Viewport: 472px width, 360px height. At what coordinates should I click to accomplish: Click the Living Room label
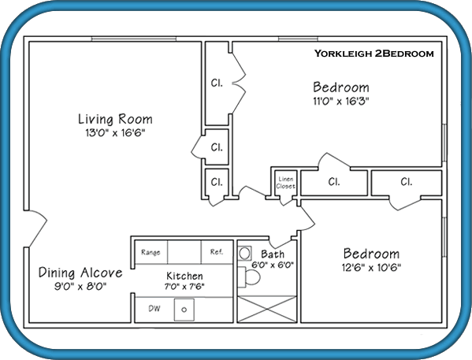(x=115, y=119)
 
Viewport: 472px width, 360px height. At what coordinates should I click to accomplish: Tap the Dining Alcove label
(x=80, y=273)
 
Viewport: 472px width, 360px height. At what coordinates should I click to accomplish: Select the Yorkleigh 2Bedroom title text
(x=374, y=54)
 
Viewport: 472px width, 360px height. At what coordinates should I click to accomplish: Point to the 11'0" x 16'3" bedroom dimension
(x=341, y=101)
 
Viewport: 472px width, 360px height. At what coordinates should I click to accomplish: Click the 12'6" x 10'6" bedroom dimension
(x=371, y=267)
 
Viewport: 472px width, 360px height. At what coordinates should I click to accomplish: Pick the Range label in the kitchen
(x=151, y=252)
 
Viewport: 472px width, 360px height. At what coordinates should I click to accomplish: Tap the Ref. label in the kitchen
(x=217, y=252)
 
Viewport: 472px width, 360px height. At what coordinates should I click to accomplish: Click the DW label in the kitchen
(x=154, y=309)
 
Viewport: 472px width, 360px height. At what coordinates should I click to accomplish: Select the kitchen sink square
(x=184, y=310)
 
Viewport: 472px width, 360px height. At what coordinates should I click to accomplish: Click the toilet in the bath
(x=249, y=277)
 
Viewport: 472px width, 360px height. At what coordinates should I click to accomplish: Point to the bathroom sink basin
(x=245, y=253)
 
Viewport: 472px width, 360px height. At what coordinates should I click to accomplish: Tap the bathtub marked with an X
(x=267, y=309)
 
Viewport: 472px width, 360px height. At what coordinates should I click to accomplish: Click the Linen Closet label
(x=285, y=183)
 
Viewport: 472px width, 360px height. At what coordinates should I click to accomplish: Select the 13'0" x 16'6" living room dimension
(x=115, y=133)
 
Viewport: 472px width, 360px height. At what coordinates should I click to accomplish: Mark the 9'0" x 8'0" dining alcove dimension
(x=80, y=287)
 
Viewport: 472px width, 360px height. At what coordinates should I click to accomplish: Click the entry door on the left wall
(x=35, y=228)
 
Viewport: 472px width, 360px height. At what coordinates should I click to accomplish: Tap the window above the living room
(x=134, y=39)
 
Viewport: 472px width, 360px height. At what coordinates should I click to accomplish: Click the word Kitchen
(x=184, y=276)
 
